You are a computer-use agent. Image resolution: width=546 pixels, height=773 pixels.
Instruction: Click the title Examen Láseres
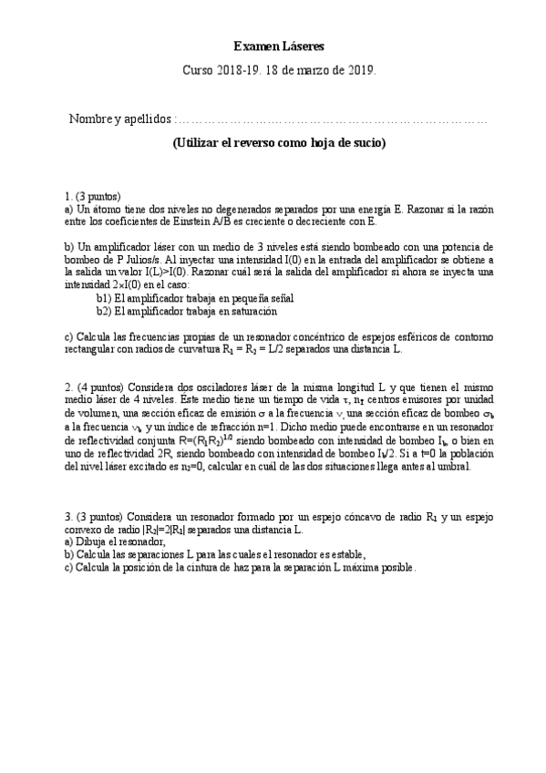(x=278, y=46)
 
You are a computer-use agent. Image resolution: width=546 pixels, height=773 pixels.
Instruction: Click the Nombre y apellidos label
(x=119, y=119)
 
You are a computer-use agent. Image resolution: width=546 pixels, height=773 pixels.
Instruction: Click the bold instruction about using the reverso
(x=279, y=143)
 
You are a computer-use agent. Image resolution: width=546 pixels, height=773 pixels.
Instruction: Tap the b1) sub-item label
(x=104, y=297)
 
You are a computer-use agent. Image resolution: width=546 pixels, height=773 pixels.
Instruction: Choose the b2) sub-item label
(x=104, y=311)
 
